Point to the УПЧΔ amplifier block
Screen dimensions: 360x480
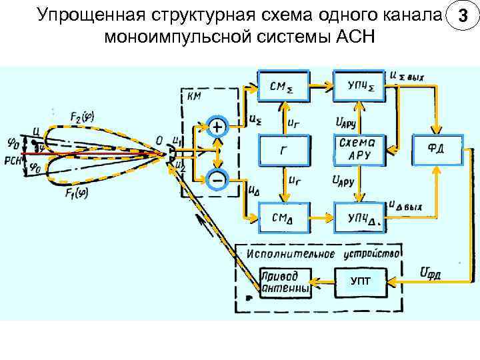(360, 217)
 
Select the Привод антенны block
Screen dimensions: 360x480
(285, 282)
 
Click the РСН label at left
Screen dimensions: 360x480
(11, 159)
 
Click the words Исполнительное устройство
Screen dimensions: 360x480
(323, 253)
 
